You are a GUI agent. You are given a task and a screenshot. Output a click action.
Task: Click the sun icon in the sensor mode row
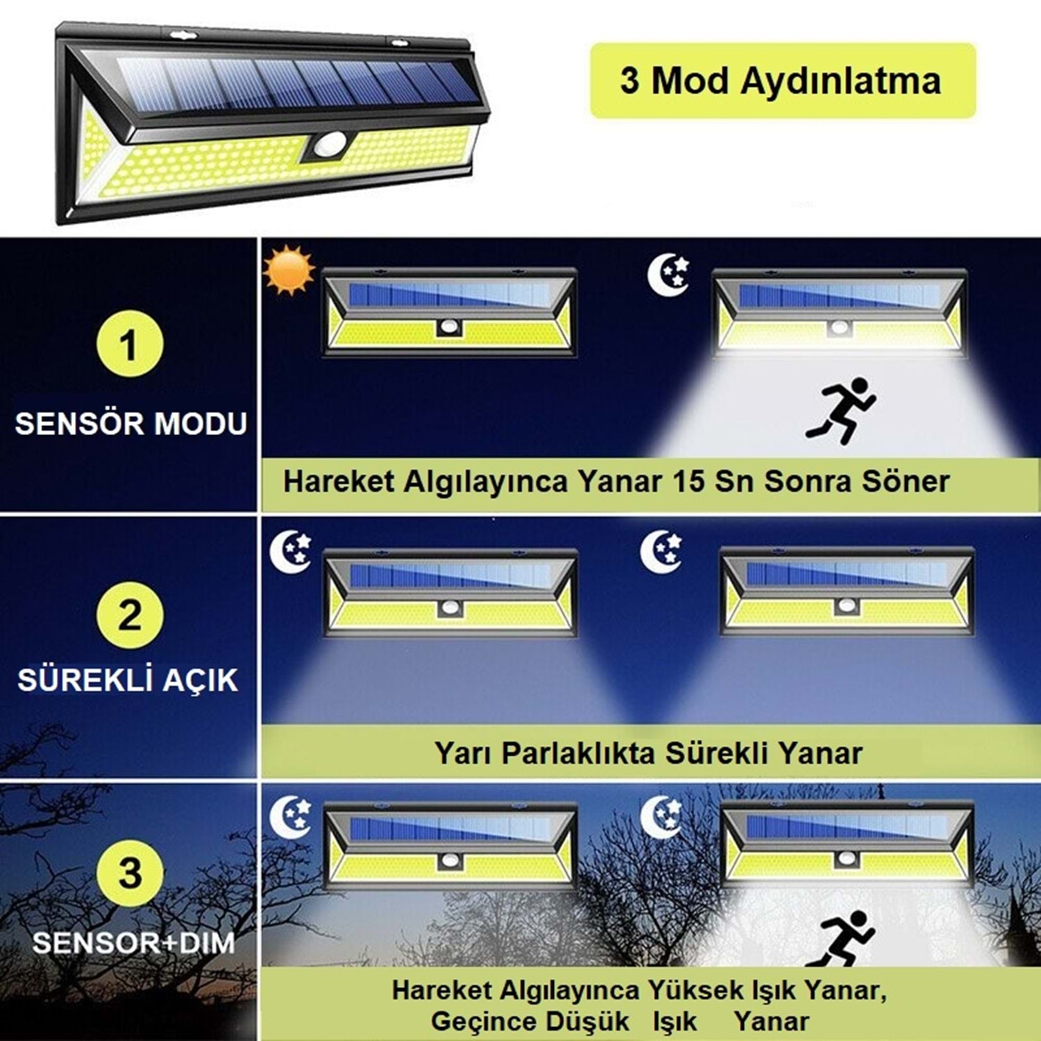pyautogui.click(x=289, y=270)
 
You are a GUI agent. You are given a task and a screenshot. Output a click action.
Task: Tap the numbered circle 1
pyautogui.click(x=130, y=344)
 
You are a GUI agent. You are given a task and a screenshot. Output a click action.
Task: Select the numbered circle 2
pyautogui.click(x=130, y=615)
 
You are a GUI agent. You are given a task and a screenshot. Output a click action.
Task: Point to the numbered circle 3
pyautogui.click(x=130, y=872)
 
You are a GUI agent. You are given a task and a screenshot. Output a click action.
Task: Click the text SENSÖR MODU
pyautogui.click(x=131, y=423)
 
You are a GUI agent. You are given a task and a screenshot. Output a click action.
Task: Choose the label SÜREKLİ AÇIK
pyautogui.click(x=128, y=679)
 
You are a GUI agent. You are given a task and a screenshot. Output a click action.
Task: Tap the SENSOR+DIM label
pyautogui.click(x=133, y=942)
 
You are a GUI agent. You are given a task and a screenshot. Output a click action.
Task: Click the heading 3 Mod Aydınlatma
pyautogui.click(x=781, y=81)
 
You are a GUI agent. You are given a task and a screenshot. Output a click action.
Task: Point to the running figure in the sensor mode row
pyautogui.click(x=840, y=411)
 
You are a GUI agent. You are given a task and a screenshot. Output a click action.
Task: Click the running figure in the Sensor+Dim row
pyautogui.click(x=840, y=938)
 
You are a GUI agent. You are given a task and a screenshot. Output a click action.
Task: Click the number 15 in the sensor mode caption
pyautogui.click(x=688, y=482)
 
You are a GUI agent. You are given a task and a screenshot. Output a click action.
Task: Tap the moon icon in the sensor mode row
pyautogui.click(x=668, y=274)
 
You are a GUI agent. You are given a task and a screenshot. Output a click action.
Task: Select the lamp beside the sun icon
pyautogui.click(x=450, y=312)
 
